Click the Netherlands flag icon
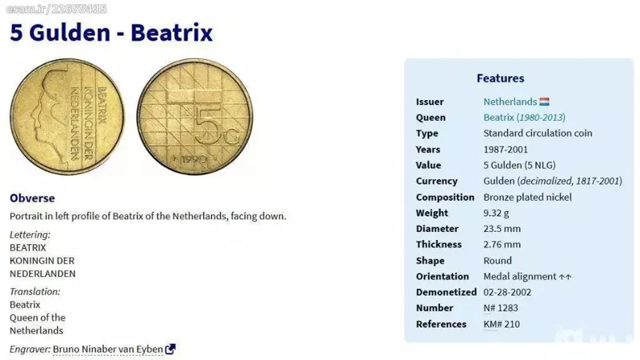click(x=544, y=102)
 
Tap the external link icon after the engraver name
click(x=170, y=349)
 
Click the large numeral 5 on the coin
click(x=208, y=125)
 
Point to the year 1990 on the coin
click(x=193, y=159)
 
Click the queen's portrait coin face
click(x=67, y=117)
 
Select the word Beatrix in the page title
click(x=171, y=33)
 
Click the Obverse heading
click(x=32, y=198)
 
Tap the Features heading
click(x=501, y=78)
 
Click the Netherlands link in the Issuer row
click(x=510, y=102)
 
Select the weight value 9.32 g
click(x=496, y=213)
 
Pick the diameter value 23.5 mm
click(x=502, y=229)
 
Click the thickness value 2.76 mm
click(x=502, y=245)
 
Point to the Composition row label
click(x=445, y=197)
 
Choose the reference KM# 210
click(x=502, y=324)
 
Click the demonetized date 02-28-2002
click(x=507, y=292)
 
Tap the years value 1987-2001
click(x=506, y=150)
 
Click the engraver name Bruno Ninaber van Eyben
click(x=108, y=350)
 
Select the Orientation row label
click(x=442, y=276)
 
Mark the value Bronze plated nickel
click(x=528, y=197)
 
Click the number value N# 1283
click(x=501, y=308)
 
